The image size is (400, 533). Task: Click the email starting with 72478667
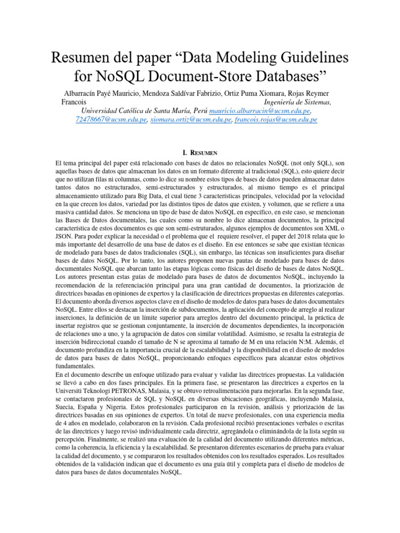[x=111, y=119]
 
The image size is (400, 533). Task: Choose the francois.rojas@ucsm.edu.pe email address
[x=276, y=119]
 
